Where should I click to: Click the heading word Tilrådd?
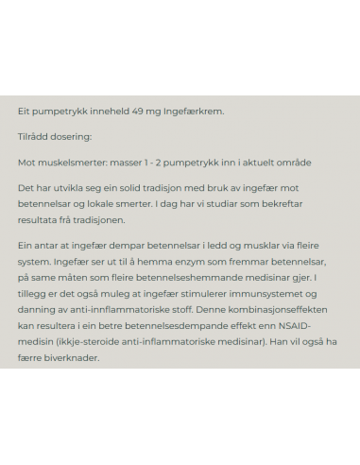pos(33,137)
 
